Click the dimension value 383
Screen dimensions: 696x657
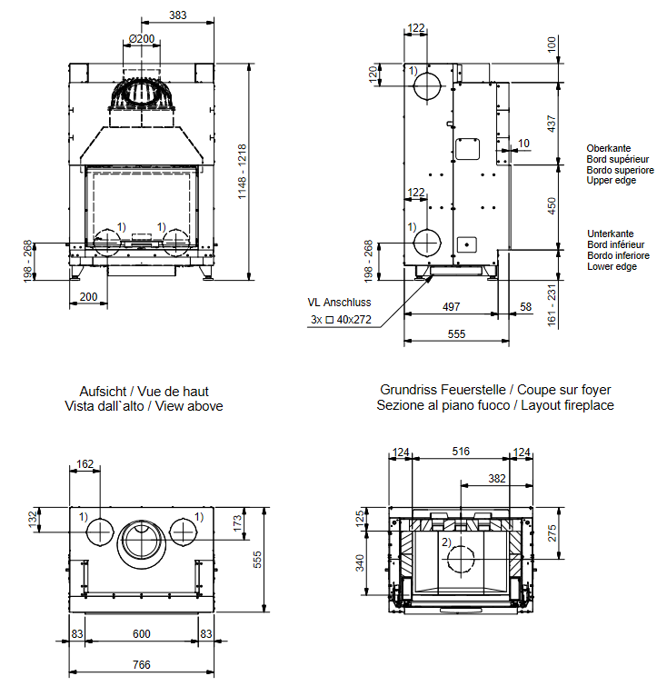pyautogui.click(x=178, y=15)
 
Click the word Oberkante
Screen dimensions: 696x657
pyautogui.click(x=609, y=148)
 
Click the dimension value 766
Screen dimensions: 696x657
pyautogui.click(x=142, y=665)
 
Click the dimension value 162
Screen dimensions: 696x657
pyautogui.click(x=85, y=464)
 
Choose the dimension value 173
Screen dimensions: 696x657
pyautogui.click(x=238, y=522)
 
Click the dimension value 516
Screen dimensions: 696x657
pyautogui.click(x=461, y=452)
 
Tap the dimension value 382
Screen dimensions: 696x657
pyautogui.click(x=496, y=478)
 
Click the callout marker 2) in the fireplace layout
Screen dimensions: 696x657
pyautogui.click(x=446, y=542)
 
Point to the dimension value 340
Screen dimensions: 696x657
pyautogui.click(x=360, y=563)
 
